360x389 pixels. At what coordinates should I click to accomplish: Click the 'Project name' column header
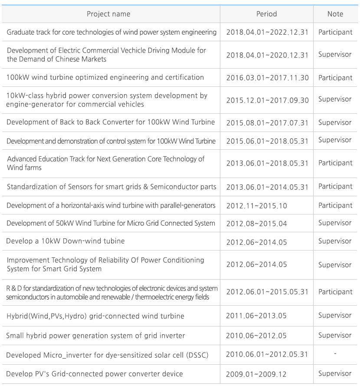point(108,14)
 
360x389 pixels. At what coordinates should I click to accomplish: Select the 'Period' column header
point(266,14)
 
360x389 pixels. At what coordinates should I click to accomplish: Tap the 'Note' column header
point(335,14)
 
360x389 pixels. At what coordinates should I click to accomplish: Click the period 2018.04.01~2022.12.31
point(267,33)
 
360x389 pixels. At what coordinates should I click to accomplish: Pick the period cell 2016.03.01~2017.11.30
point(267,78)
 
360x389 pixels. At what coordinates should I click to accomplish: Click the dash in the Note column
point(335,354)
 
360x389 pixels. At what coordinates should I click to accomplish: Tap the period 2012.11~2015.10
point(256,205)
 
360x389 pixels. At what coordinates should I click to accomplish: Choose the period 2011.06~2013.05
point(256,316)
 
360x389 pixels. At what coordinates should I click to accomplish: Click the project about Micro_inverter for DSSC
point(107,355)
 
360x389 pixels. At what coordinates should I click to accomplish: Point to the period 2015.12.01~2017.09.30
point(267,100)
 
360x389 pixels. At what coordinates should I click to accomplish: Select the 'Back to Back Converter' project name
point(111,122)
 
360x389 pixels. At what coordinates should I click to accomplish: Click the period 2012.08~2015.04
point(256,224)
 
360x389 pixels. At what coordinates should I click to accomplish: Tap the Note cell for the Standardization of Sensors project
point(335,187)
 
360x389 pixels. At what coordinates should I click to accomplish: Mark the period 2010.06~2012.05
point(256,336)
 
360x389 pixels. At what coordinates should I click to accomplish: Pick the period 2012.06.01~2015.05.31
point(267,292)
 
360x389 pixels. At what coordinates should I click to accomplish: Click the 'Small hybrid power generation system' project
point(95,336)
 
